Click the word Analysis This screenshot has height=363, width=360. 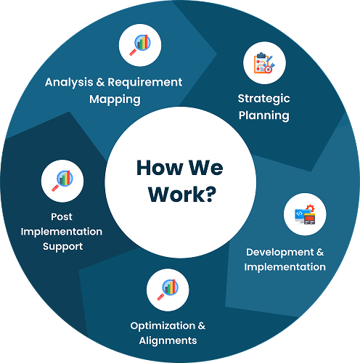(x=69, y=83)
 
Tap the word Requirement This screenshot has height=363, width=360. (x=145, y=83)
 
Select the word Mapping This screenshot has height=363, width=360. (x=115, y=99)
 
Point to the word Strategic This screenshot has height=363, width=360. (x=263, y=99)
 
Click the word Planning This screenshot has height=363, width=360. (x=264, y=115)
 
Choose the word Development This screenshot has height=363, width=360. (x=280, y=252)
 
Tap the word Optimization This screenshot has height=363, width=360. (x=163, y=326)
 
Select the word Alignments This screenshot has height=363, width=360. (x=168, y=341)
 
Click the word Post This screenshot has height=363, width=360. (x=62, y=217)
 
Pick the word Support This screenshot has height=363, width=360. (x=63, y=247)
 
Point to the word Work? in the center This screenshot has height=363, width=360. (x=182, y=195)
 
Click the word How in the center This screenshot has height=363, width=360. (x=160, y=168)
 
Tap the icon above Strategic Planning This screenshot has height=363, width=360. (x=264, y=63)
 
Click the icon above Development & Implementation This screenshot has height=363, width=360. (x=305, y=214)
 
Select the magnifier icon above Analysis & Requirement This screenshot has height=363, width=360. (x=140, y=45)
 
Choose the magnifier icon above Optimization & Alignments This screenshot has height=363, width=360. (x=168, y=290)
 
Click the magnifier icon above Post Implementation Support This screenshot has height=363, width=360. (x=62, y=181)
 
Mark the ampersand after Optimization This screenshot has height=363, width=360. (x=202, y=326)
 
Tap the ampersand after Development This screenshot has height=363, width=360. (x=320, y=252)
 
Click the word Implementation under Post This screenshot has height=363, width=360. (x=62, y=232)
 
